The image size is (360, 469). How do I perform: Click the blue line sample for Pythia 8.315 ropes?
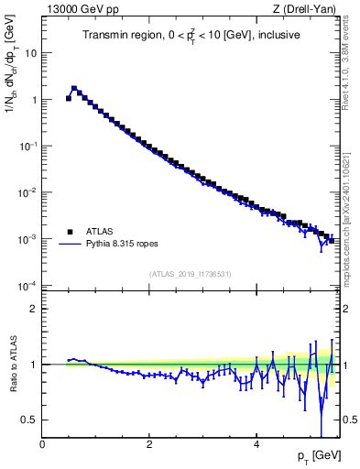70,245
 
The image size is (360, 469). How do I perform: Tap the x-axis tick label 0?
42,443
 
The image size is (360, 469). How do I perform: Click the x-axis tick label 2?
148,443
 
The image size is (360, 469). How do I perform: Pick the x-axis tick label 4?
256,443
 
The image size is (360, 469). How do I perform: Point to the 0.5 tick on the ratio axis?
30,420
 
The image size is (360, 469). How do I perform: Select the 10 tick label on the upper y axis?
30,52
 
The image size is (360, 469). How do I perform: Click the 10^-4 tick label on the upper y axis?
27,286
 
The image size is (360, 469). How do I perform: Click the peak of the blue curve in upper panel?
74,89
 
